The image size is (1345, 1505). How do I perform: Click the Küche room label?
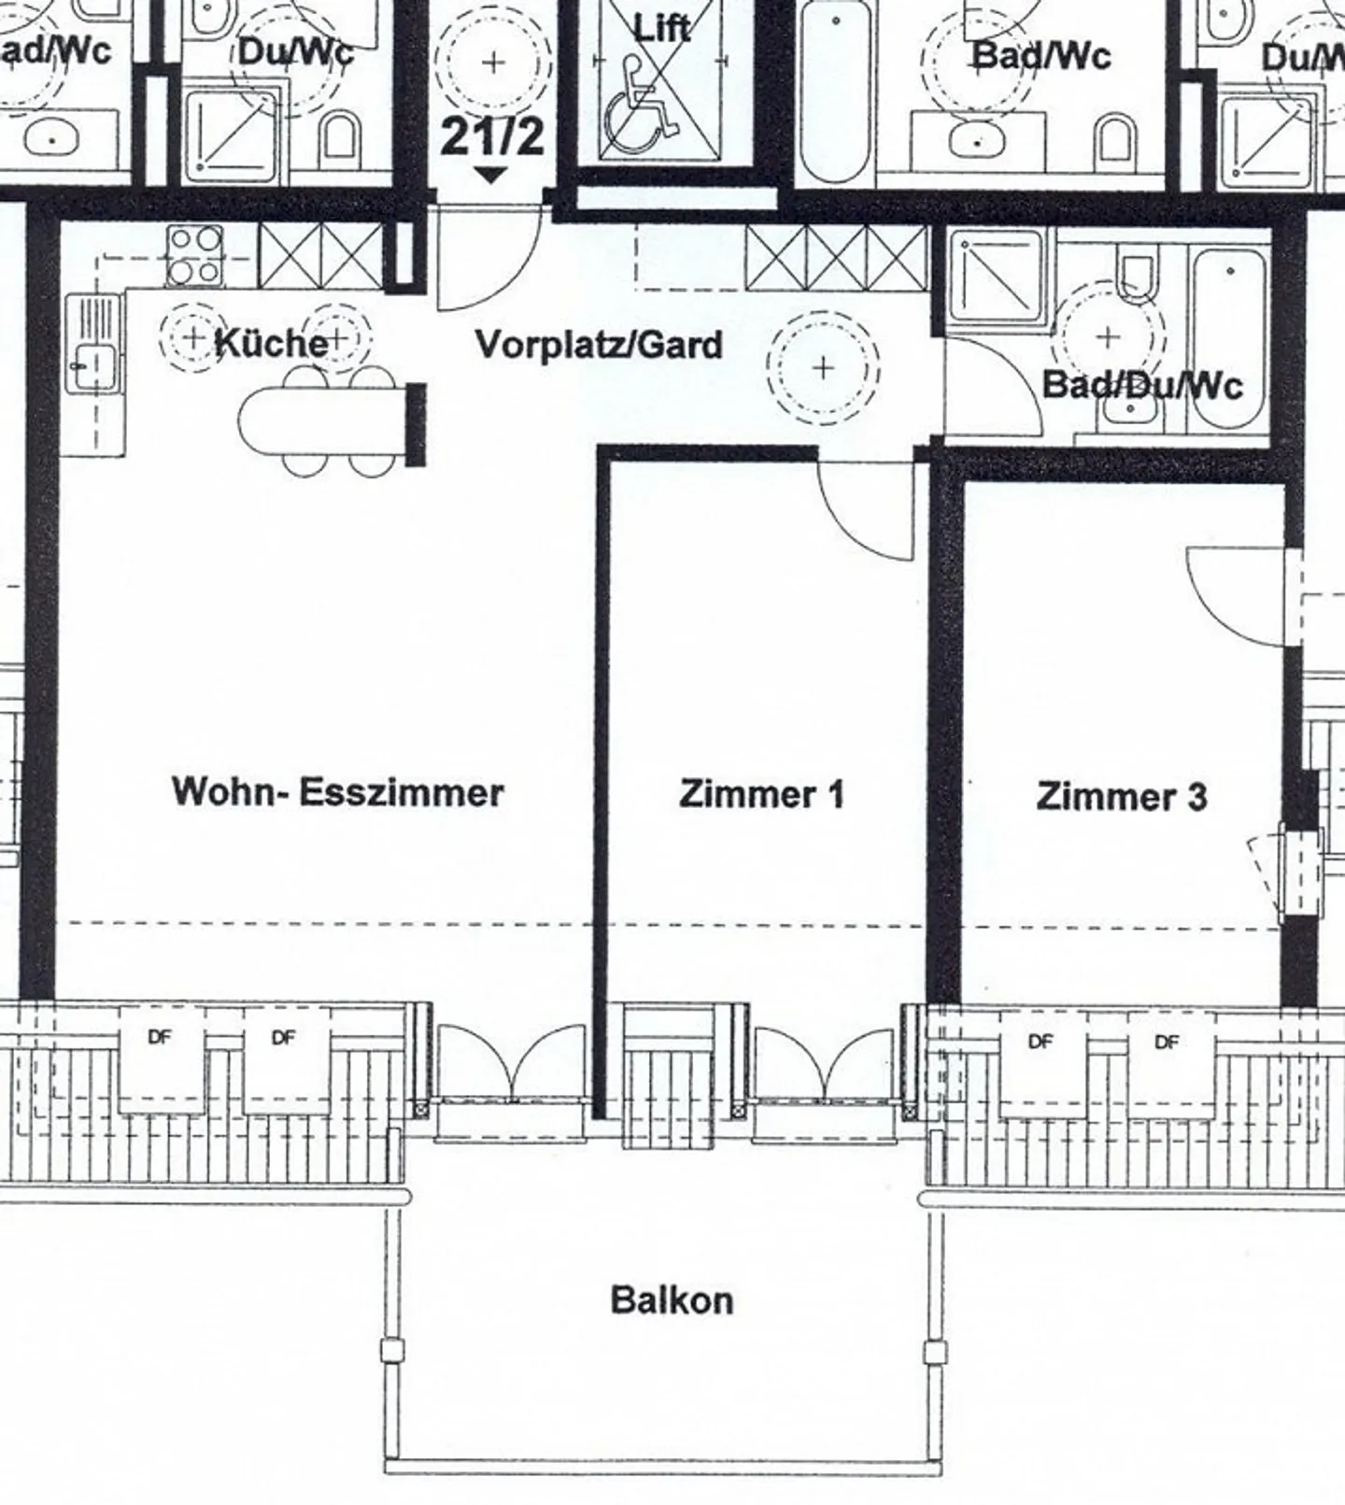(x=271, y=343)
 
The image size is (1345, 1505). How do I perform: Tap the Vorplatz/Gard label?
(x=599, y=345)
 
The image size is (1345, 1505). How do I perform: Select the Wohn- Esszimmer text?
(x=338, y=792)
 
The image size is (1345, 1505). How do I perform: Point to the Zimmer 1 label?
(x=761, y=794)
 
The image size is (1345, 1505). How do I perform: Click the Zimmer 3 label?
(x=1121, y=797)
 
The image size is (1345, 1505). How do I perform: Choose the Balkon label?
(x=672, y=1299)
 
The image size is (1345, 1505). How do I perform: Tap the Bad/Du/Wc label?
(x=1141, y=384)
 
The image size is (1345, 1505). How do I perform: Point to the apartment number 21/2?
(x=491, y=137)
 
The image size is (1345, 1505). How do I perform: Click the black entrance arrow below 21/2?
(x=491, y=175)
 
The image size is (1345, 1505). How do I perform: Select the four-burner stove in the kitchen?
(x=194, y=256)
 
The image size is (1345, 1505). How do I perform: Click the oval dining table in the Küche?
(x=322, y=420)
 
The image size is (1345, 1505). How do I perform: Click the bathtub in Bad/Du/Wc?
(x=1230, y=340)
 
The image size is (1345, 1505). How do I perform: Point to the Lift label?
(x=662, y=28)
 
